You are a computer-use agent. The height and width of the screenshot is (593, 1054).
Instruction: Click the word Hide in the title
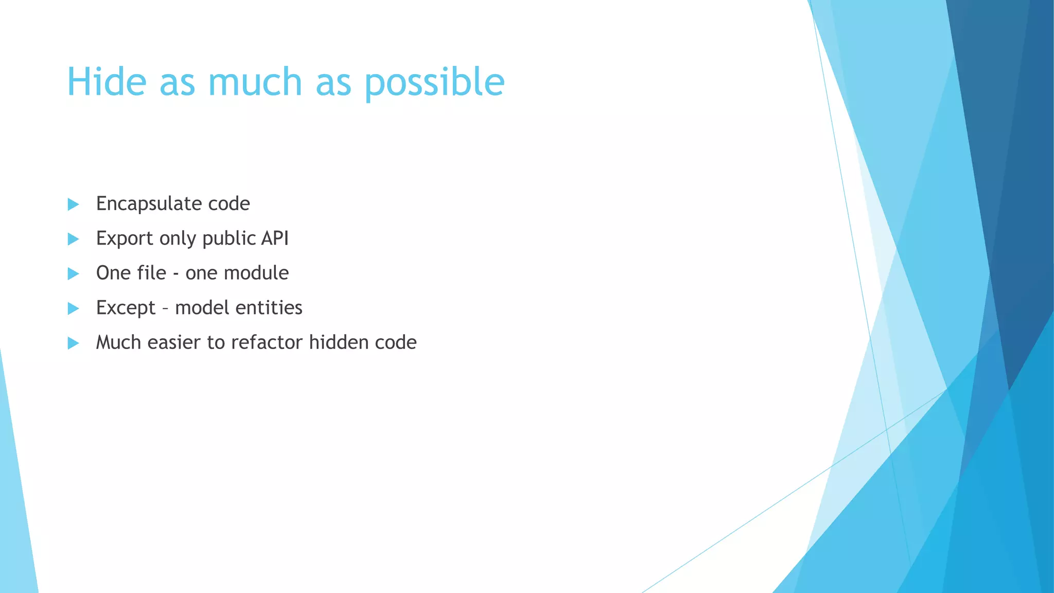(x=107, y=81)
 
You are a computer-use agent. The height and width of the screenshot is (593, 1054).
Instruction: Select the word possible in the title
(x=435, y=82)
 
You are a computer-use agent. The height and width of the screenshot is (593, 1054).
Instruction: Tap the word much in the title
(x=255, y=81)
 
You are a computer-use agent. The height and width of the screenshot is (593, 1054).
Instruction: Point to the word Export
(x=125, y=238)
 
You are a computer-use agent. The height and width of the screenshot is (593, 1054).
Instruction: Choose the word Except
(x=126, y=308)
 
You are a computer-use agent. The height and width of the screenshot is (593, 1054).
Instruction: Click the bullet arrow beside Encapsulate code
(x=73, y=204)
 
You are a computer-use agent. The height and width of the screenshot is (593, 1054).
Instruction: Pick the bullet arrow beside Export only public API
(x=73, y=239)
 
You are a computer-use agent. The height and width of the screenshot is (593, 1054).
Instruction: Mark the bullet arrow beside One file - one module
(x=73, y=273)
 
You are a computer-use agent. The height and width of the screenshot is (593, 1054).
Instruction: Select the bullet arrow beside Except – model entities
(x=73, y=308)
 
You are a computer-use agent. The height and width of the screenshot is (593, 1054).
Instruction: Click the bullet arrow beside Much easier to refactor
(x=73, y=343)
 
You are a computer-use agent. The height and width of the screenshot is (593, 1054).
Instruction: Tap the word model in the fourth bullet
(x=202, y=307)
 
